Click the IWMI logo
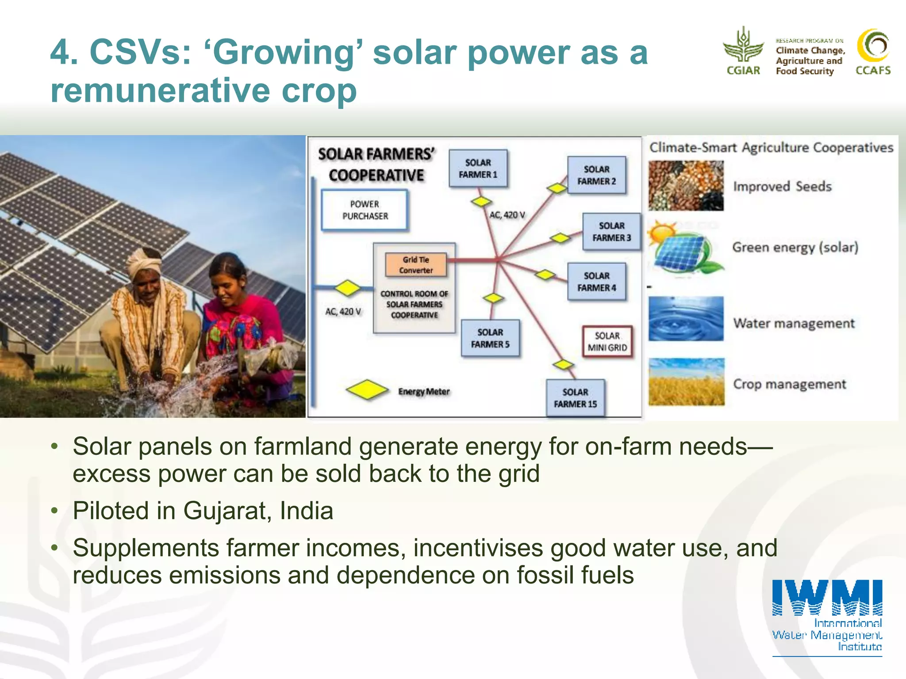(827, 617)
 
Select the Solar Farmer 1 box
(478, 168)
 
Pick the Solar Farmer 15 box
(575, 398)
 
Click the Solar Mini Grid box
(607, 342)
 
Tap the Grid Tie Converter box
(416, 265)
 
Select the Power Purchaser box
(365, 210)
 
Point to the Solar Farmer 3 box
(611, 232)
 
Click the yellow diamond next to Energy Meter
(367, 390)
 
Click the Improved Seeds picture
(686, 186)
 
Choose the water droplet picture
(686, 319)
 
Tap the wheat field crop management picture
(686, 382)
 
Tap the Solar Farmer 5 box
(490, 338)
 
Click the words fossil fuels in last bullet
(575, 575)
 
